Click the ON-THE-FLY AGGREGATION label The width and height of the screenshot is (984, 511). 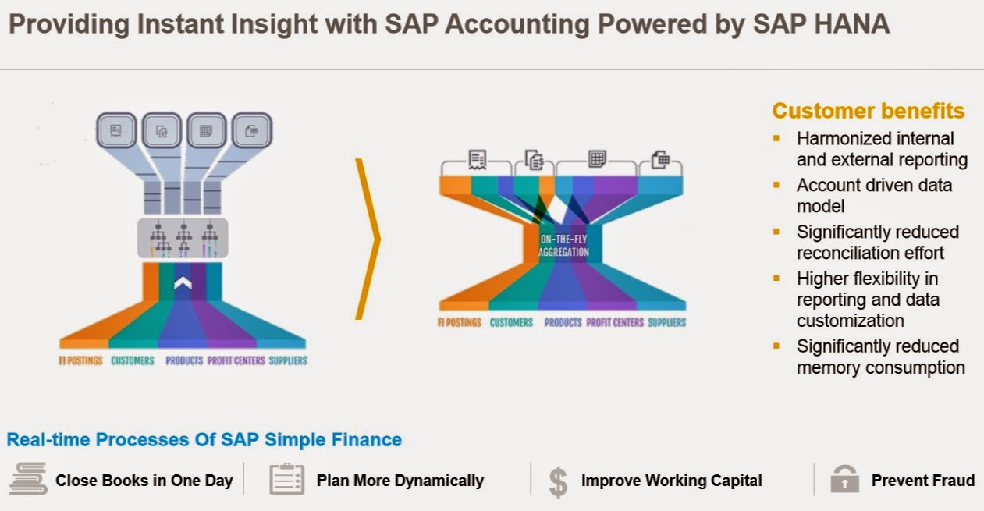click(563, 246)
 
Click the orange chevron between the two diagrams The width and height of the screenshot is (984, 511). click(369, 238)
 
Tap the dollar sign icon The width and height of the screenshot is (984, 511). click(558, 481)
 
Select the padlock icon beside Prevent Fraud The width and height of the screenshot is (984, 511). click(844, 480)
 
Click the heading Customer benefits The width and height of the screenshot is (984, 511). click(868, 111)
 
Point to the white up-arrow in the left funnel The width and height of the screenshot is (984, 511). click(183, 284)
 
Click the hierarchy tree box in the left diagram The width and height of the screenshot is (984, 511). click(183, 238)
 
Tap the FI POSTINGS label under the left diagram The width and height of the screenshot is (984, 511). click(81, 360)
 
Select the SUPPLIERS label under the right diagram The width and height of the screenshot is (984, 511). click(666, 322)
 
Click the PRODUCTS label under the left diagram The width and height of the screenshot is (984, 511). click(184, 360)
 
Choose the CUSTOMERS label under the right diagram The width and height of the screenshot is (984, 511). click(511, 322)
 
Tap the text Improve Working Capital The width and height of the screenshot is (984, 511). click(671, 481)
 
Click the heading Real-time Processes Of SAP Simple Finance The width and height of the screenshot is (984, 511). click(204, 439)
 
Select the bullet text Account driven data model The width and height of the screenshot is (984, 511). click(874, 195)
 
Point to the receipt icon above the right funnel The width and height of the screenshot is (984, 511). click(478, 161)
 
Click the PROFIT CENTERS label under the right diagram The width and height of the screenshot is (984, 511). click(614, 322)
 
